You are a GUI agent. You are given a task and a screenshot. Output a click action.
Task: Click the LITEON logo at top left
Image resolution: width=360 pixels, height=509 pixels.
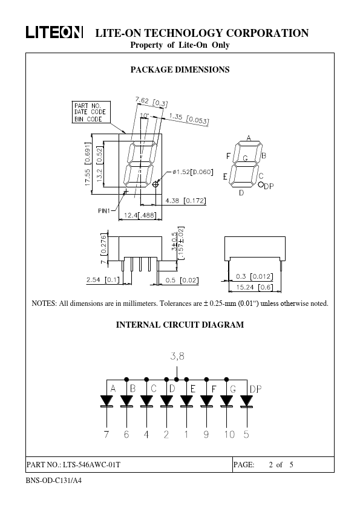pyautogui.click(x=54, y=33)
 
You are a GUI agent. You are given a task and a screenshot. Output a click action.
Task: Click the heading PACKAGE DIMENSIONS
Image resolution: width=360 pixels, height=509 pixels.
pyautogui.click(x=180, y=70)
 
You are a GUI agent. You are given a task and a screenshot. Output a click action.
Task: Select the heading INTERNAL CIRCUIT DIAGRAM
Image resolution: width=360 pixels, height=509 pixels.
pyautogui.click(x=180, y=325)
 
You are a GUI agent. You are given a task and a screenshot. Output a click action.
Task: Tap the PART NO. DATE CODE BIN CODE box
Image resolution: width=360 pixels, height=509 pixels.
pyautogui.click(x=91, y=112)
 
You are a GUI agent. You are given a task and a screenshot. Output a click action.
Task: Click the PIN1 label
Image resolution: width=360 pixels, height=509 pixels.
pyautogui.click(x=104, y=211)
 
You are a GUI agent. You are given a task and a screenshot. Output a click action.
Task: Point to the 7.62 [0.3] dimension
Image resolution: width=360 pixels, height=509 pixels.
pyautogui.click(x=151, y=102)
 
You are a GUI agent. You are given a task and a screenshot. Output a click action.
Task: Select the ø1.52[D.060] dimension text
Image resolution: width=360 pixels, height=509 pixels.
pyautogui.click(x=193, y=172)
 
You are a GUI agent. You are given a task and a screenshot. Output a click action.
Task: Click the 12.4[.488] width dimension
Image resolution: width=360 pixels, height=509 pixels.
pyautogui.click(x=140, y=215)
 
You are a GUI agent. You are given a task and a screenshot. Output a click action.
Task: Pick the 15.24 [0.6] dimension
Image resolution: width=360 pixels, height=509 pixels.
pyautogui.click(x=254, y=287)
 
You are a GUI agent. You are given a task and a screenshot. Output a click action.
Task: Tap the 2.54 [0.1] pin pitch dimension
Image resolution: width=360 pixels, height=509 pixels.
pyautogui.click(x=103, y=279)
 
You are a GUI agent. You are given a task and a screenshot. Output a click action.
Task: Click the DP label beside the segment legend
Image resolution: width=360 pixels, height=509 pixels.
pyautogui.click(x=269, y=186)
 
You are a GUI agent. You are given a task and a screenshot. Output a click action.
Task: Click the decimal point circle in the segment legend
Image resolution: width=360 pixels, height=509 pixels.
pyautogui.click(x=261, y=184)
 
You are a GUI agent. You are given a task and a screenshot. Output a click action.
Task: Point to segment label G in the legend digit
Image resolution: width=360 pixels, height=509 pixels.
pyautogui.click(x=245, y=158)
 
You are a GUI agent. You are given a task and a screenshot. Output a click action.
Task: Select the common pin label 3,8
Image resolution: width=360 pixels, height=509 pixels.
pyautogui.click(x=177, y=356)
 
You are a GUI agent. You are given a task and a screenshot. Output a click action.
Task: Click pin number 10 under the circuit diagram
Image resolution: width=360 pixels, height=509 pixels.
pyautogui.click(x=229, y=434)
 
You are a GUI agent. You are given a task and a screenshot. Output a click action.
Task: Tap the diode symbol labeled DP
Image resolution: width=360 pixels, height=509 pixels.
pyautogui.click(x=247, y=401)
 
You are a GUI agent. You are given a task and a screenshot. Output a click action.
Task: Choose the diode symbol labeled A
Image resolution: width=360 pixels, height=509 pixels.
pyautogui.click(x=106, y=401)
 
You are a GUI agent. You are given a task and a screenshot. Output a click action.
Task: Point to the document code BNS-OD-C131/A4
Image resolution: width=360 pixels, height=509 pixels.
pyautogui.click(x=54, y=480)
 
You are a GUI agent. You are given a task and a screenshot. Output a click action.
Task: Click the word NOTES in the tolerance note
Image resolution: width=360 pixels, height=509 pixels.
pyautogui.click(x=44, y=303)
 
